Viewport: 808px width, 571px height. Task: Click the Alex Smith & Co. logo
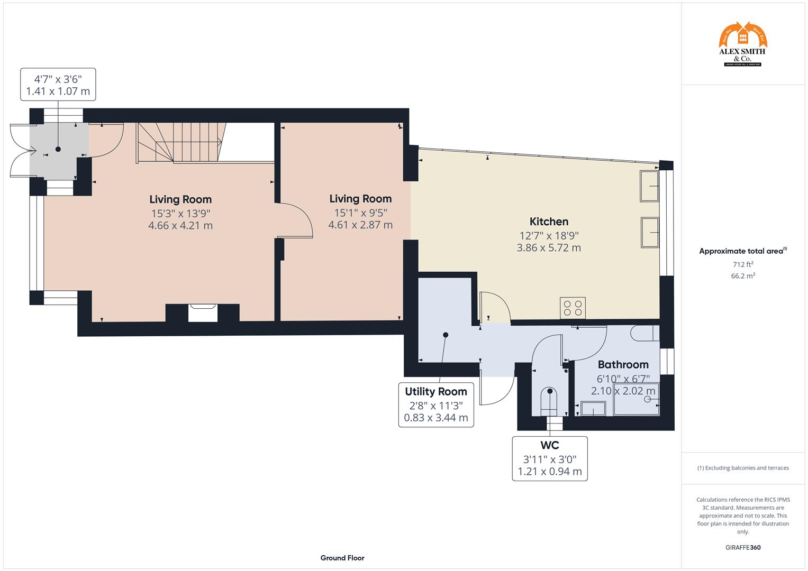(742, 44)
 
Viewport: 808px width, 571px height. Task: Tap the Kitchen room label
(549, 222)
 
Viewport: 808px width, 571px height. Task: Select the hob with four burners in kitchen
(573, 308)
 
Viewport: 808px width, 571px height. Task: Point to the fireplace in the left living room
(203, 312)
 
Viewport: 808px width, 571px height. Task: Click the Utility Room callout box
(435, 404)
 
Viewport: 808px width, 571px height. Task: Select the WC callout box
(549, 458)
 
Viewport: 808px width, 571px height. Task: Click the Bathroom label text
(623, 364)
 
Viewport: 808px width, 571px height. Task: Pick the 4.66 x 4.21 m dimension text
(180, 226)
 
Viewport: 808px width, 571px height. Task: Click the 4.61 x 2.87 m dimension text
(360, 225)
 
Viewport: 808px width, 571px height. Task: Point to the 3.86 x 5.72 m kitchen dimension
(549, 248)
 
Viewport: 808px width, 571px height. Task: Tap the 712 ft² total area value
(743, 264)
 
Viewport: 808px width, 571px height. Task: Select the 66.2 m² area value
(743, 275)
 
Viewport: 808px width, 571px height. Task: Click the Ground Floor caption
(342, 558)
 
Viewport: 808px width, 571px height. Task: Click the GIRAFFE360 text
(742, 547)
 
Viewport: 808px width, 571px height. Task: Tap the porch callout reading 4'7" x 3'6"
(58, 85)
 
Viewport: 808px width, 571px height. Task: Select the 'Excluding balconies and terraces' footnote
(742, 468)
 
